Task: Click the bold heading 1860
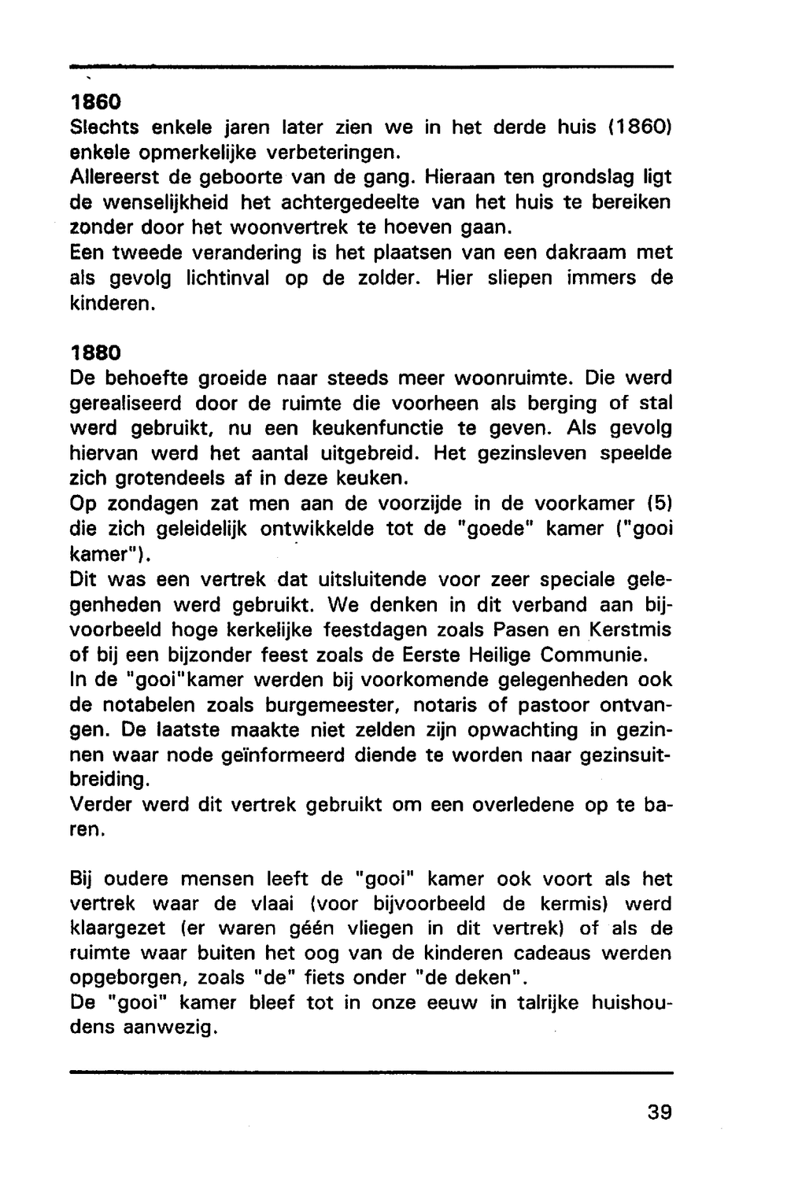coord(95,102)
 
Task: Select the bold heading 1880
coord(95,354)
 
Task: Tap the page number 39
coord(660,1113)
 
